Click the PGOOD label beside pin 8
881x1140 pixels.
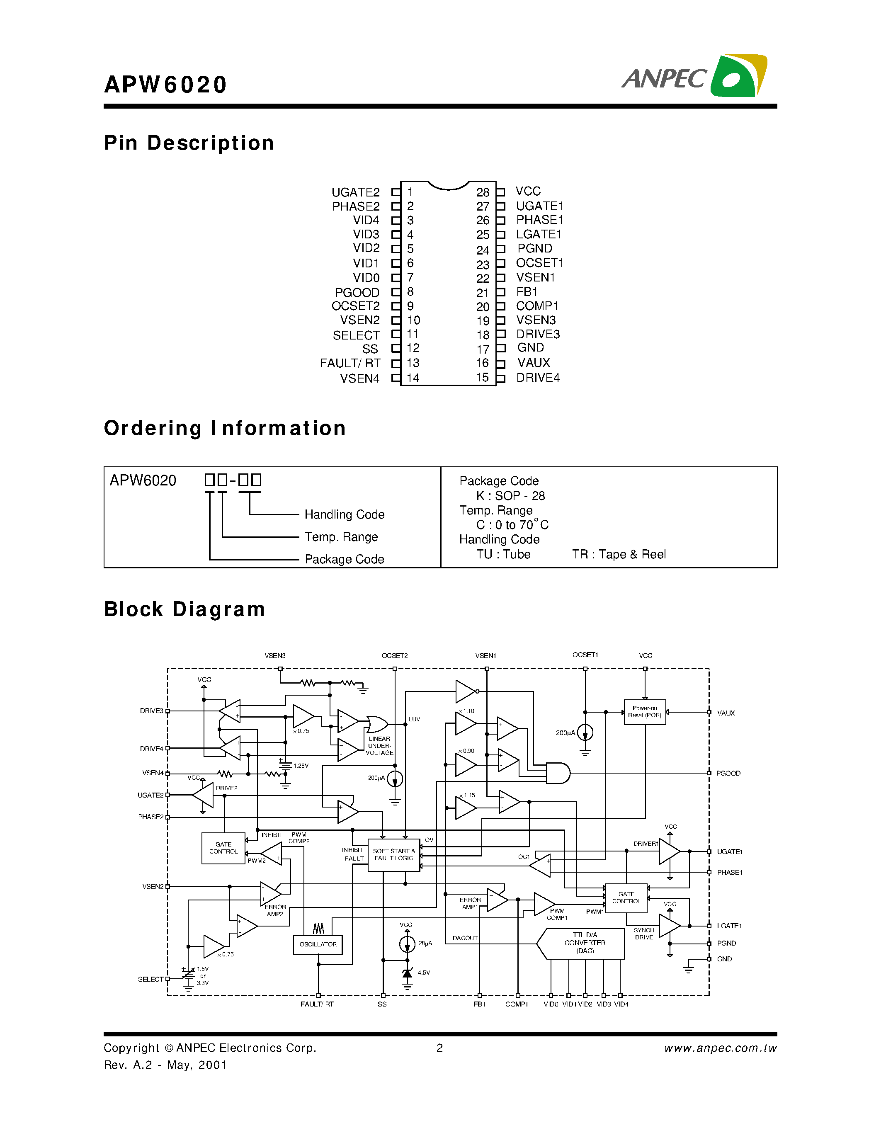357,292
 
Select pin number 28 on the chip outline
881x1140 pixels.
482,192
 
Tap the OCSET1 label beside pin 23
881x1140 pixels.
539,262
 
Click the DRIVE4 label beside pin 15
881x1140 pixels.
538,377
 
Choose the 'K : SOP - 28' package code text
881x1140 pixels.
510,495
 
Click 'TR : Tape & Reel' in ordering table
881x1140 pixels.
619,554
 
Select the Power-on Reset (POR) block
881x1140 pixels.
645,711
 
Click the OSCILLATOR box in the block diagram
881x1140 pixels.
318,944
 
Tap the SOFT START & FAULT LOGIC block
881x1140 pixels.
393,854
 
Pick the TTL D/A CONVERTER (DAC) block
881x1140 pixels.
585,943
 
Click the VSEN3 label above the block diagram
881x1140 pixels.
274,655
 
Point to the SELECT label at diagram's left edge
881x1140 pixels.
150,979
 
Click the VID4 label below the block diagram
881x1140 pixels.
621,1004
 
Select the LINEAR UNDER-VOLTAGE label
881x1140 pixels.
379,745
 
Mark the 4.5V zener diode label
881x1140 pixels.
423,973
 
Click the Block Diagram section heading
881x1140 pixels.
184,609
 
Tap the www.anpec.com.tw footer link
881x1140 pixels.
720,1048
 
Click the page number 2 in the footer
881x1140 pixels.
439,1048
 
